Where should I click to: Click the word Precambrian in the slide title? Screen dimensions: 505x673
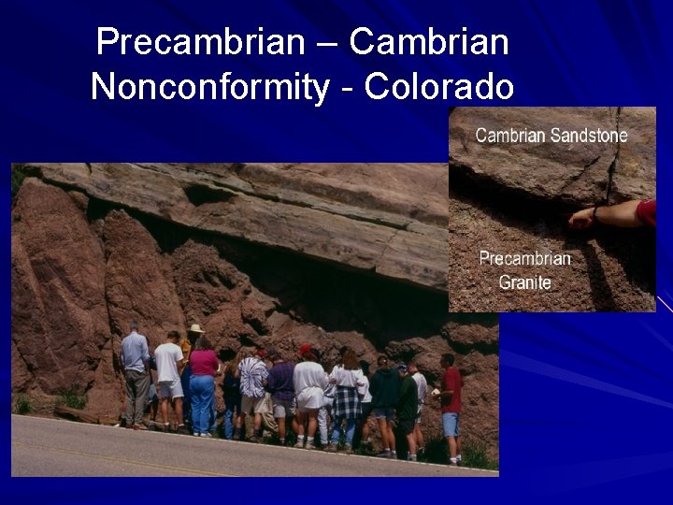click(x=200, y=42)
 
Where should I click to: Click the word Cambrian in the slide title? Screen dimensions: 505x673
click(x=429, y=42)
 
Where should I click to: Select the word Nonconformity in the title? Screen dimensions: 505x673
click(x=210, y=87)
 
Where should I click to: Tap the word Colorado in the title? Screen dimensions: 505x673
click(x=439, y=87)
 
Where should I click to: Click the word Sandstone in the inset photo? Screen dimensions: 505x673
click(x=589, y=136)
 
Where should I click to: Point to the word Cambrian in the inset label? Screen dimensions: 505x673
click(x=510, y=136)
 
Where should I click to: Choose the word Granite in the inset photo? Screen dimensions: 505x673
click(x=524, y=282)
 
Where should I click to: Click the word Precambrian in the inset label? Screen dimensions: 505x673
click(x=524, y=259)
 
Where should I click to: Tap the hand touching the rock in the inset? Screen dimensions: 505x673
click(x=581, y=217)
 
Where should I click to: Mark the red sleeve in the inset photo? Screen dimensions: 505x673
click(x=646, y=212)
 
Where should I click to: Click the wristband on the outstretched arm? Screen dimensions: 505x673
click(x=595, y=214)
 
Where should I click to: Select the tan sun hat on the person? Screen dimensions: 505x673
click(x=195, y=328)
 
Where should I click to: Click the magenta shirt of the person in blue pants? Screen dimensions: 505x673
click(x=203, y=362)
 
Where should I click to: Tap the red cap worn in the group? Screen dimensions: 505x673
click(x=305, y=350)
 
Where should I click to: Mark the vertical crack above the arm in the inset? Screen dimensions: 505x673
click(x=614, y=168)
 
